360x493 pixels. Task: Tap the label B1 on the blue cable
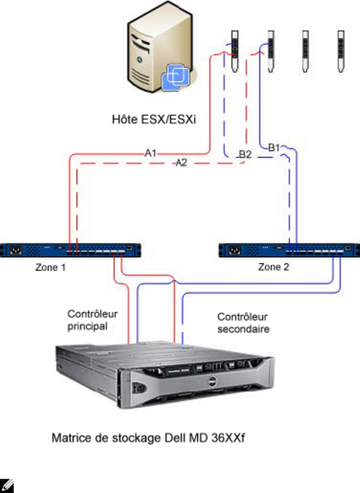tap(275, 147)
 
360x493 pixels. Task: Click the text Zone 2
tap(274, 268)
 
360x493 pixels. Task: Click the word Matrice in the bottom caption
tap(68, 440)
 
